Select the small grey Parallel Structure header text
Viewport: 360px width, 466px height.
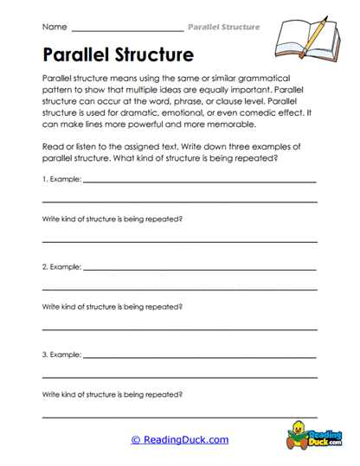pyautogui.click(x=223, y=27)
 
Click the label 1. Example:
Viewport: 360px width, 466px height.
pyautogui.click(x=61, y=180)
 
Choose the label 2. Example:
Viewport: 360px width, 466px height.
pyautogui.click(x=61, y=267)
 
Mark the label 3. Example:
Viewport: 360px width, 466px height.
pyautogui.click(x=61, y=354)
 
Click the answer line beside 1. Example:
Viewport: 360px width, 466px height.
pyautogui.click(x=199, y=182)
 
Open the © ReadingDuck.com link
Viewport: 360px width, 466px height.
pyautogui.click(x=179, y=439)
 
